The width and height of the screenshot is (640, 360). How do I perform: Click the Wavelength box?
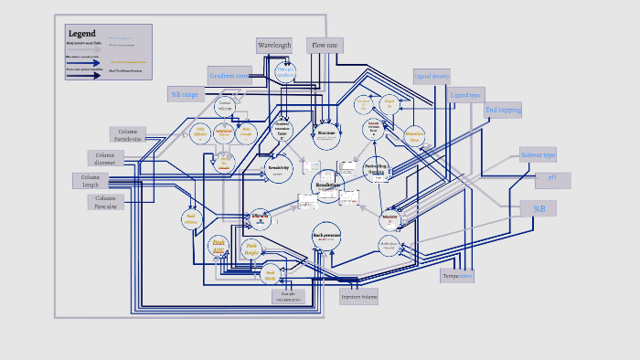[274, 45]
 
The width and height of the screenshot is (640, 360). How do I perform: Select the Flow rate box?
[326, 45]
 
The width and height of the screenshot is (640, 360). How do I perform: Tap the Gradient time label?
[229, 76]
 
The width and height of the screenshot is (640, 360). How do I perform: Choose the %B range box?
[184, 94]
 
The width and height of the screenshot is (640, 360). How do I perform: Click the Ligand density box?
[432, 77]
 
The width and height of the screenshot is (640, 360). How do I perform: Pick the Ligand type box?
[466, 95]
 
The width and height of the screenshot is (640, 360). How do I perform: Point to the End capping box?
[503, 111]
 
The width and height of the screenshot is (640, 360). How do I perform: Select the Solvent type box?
[538, 155]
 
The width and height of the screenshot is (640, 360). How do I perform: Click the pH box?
[552, 180]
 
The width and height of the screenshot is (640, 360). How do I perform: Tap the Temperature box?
[457, 275]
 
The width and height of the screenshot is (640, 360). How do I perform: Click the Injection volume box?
[358, 296]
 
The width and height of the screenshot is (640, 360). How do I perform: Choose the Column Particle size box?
[127, 135]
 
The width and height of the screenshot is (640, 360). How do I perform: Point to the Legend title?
[81, 34]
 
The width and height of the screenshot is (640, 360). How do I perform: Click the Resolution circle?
[327, 186]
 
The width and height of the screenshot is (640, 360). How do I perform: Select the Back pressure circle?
[326, 235]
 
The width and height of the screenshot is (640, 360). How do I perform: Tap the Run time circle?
[326, 133]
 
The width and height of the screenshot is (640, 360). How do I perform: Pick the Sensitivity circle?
[278, 169]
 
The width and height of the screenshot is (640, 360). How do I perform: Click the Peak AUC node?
[219, 245]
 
